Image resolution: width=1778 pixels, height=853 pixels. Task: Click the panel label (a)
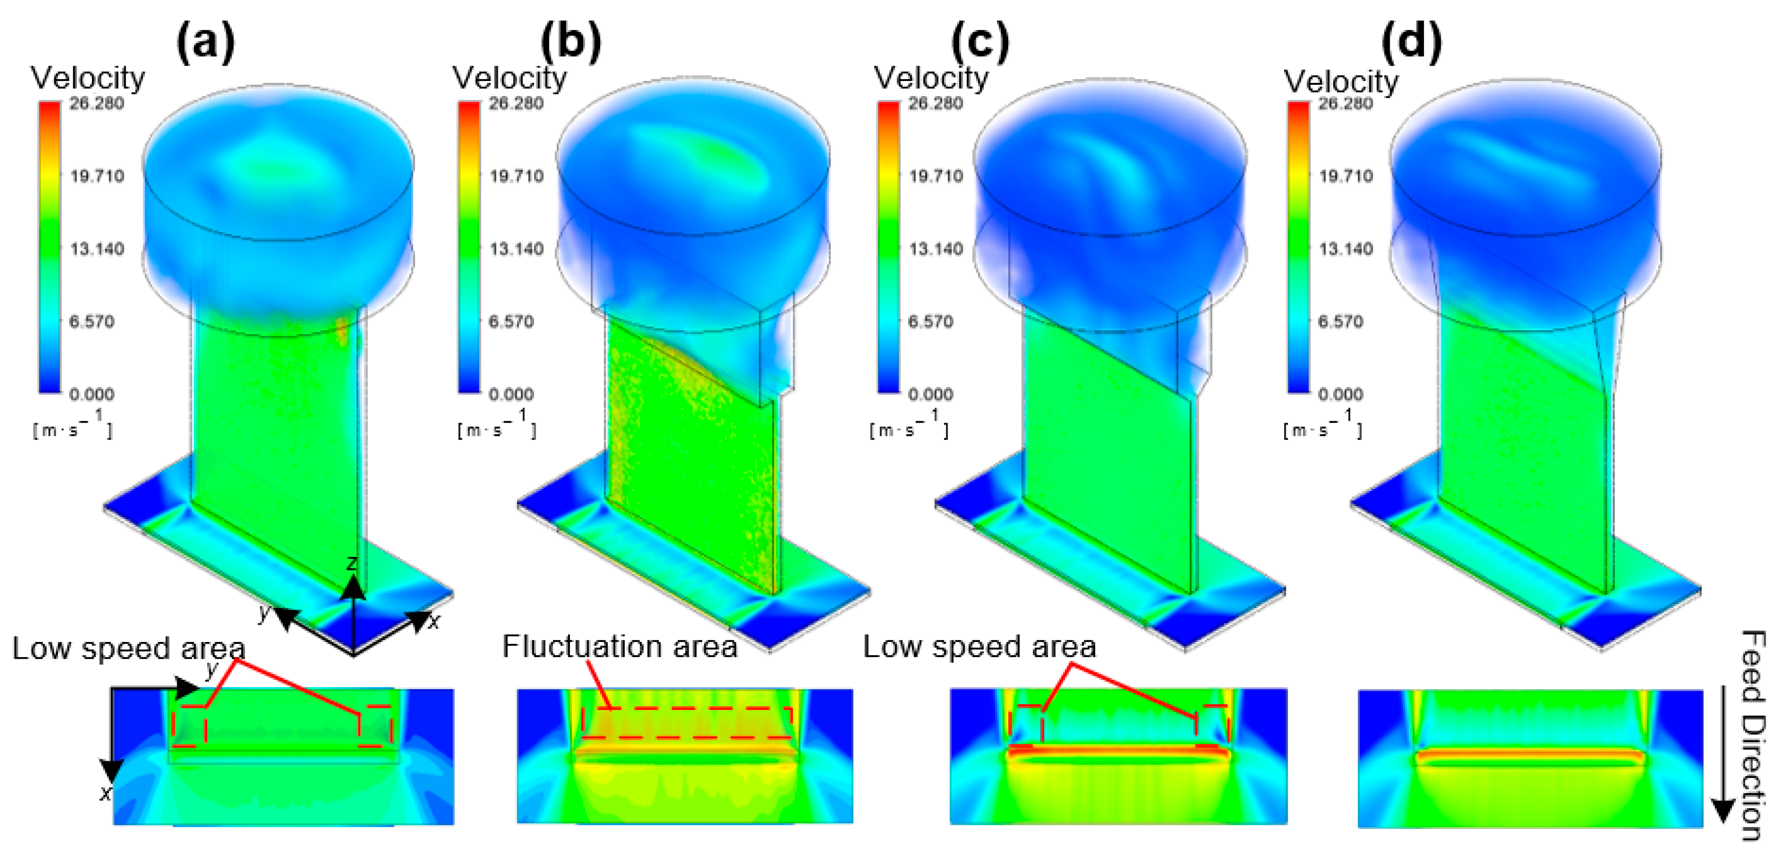[x=206, y=43]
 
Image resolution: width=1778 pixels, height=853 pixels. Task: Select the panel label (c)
[x=980, y=43]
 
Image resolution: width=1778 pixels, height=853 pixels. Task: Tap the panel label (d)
[x=1411, y=43]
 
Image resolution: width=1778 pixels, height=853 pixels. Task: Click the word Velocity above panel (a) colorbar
[x=88, y=78]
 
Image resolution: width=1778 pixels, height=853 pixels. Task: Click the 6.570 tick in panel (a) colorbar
[x=92, y=321]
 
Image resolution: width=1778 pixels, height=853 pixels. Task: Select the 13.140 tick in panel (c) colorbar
[x=935, y=248]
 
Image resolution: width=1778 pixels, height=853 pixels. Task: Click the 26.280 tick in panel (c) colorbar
[x=935, y=104]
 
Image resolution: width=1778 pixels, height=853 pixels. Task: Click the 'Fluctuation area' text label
[x=619, y=647]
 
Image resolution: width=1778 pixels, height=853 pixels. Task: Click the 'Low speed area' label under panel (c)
[x=979, y=647]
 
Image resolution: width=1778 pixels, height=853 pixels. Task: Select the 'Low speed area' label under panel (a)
[x=129, y=649]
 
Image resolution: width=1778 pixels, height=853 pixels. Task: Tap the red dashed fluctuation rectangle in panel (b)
[x=686, y=722]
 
